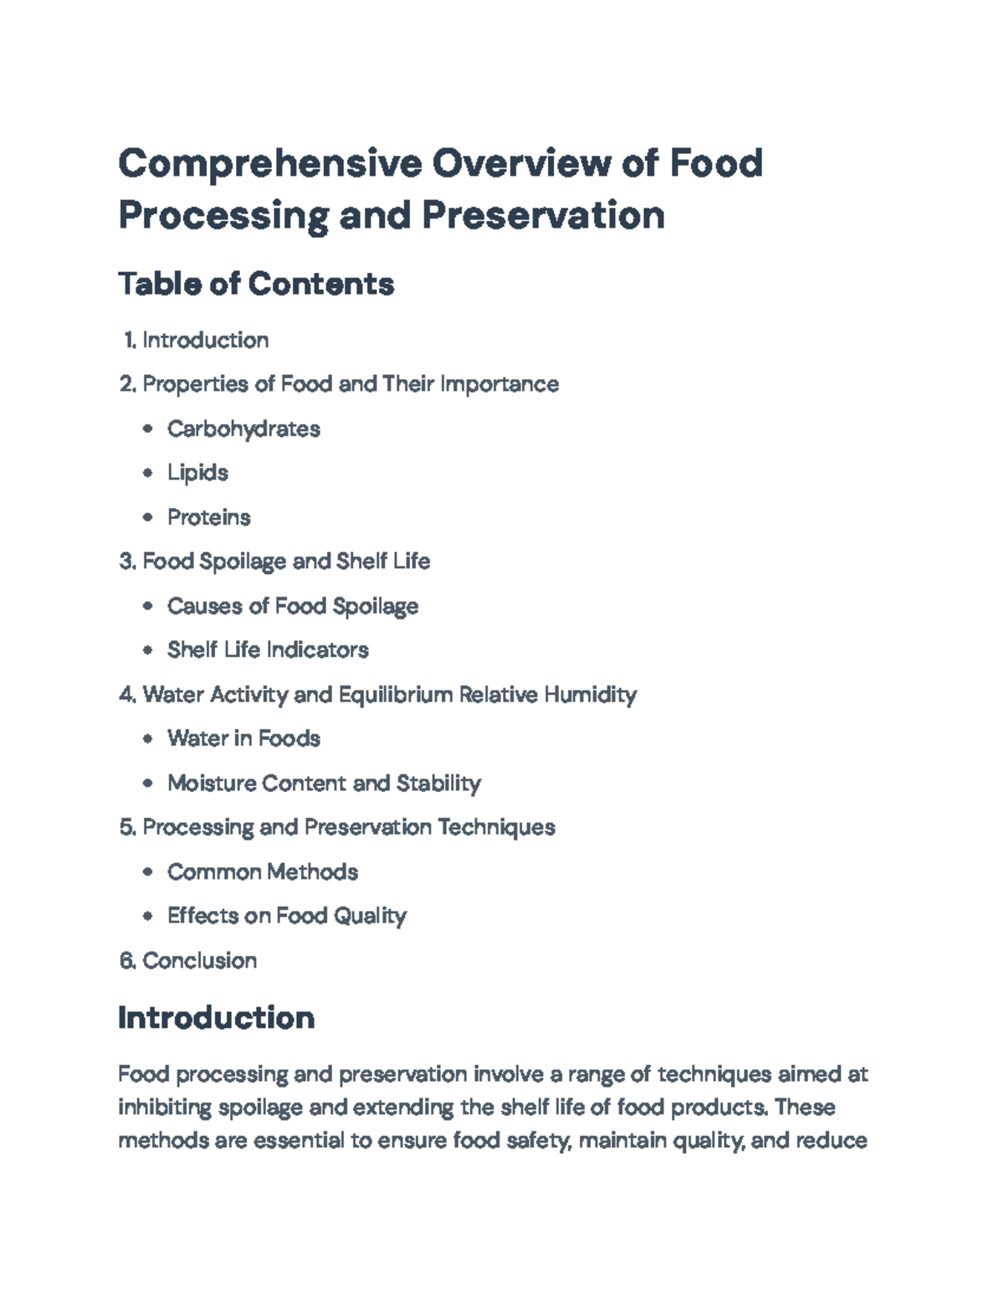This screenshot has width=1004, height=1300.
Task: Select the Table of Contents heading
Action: [x=256, y=284]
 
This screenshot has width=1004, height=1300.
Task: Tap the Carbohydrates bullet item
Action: [x=243, y=429]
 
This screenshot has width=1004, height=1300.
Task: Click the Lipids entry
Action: [x=197, y=473]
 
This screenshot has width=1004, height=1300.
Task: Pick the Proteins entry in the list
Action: [x=208, y=517]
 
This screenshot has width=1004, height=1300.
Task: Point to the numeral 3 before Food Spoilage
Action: [x=126, y=562]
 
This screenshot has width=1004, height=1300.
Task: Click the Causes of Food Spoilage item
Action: [x=292, y=606]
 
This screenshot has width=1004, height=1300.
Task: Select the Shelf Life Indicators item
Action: [x=268, y=650]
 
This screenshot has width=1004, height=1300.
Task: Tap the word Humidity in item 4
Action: [x=590, y=695]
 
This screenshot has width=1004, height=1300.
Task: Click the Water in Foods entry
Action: [x=243, y=738]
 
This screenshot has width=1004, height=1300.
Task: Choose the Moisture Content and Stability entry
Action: [x=324, y=784]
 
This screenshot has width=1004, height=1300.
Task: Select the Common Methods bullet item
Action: [x=262, y=872]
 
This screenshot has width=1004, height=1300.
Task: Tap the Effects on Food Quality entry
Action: [x=286, y=916]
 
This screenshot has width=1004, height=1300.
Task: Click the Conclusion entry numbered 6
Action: [x=199, y=960]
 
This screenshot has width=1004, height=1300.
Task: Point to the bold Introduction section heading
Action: [x=217, y=1018]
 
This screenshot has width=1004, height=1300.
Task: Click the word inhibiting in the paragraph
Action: [x=165, y=1107]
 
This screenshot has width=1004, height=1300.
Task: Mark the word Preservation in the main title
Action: [x=543, y=215]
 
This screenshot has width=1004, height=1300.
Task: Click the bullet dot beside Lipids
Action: [x=148, y=473]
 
